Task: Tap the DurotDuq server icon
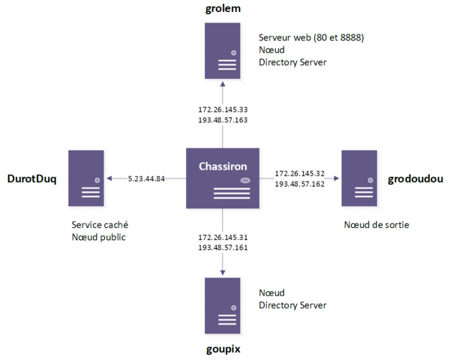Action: pyautogui.click(x=85, y=178)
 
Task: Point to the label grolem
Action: pyautogui.click(x=224, y=9)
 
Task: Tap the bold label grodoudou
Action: pyautogui.click(x=416, y=179)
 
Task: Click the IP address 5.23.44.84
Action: pyautogui.click(x=146, y=178)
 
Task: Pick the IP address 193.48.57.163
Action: pyautogui.click(x=223, y=120)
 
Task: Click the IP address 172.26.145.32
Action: pyautogui.click(x=299, y=173)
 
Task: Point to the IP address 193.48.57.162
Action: pyautogui.click(x=299, y=184)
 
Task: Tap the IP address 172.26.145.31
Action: pyautogui.click(x=223, y=237)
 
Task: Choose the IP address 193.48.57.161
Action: pyautogui.click(x=223, y=247)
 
